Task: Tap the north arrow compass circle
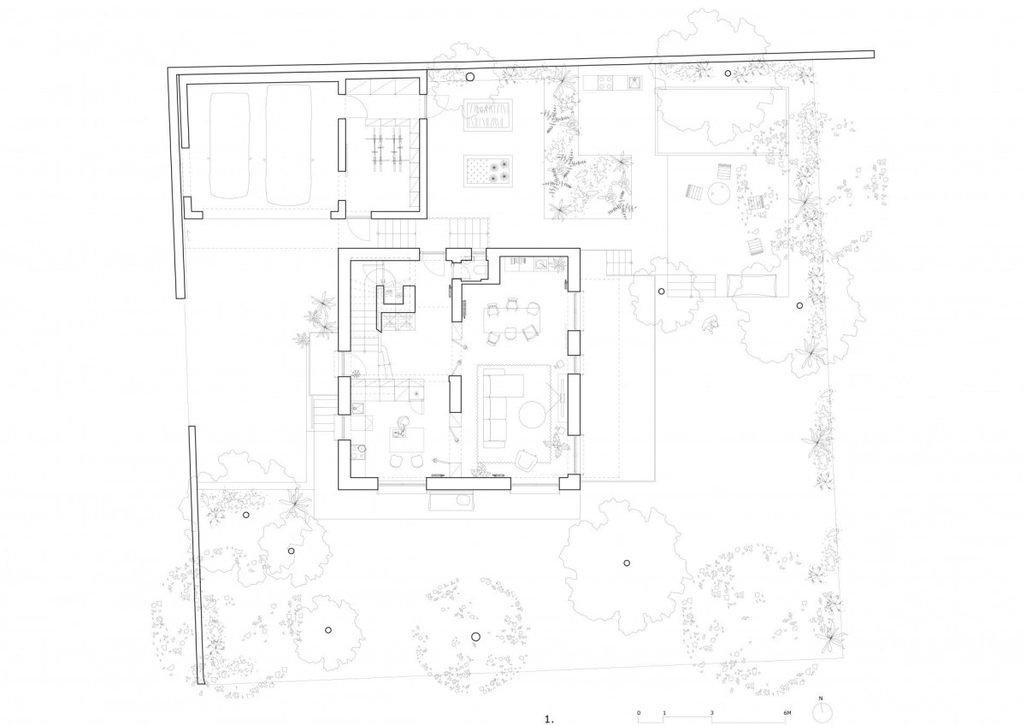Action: [x=822, y=711]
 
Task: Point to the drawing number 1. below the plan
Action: [x=549, y=720]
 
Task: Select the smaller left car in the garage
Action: [x=229, y=145]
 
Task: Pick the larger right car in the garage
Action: [x=289, y=144]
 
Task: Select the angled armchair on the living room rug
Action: [x=528, y=460]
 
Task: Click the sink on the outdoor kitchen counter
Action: [x=634, y=83]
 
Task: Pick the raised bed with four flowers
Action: [x=488, y=171]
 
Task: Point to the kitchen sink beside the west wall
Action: [x=358, y=409]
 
